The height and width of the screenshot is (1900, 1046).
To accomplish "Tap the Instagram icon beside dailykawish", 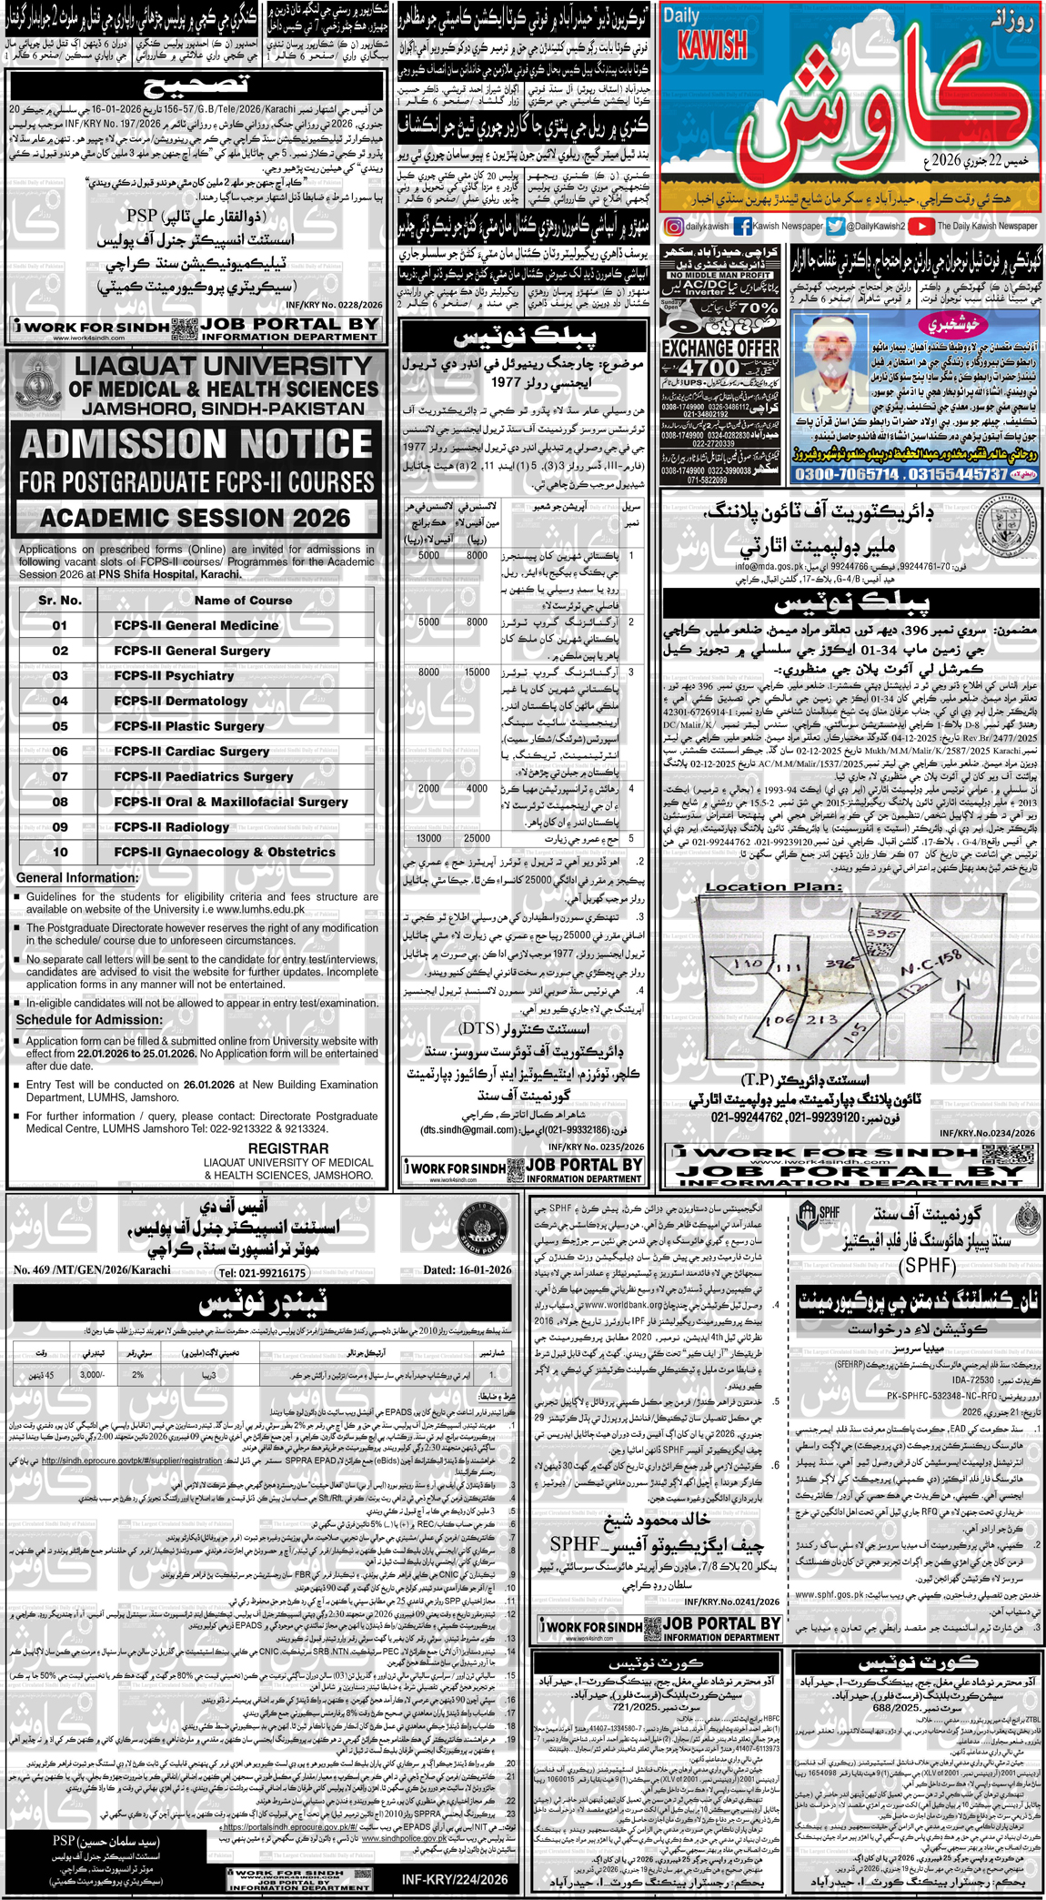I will [673, 227].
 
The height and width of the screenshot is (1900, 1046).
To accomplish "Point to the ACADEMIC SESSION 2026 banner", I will [196, 518].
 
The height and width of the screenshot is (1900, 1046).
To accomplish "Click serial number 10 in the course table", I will [60, 852].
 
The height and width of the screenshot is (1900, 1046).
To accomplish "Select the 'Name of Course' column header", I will [243, 600].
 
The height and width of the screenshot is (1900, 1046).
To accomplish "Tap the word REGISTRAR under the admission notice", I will [288, 1148].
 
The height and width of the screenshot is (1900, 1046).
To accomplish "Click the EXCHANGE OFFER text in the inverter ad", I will [720, 348].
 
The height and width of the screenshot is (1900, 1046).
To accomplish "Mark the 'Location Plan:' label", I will [773, 886].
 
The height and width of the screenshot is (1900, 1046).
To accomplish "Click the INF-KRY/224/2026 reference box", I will [455, 1878].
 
